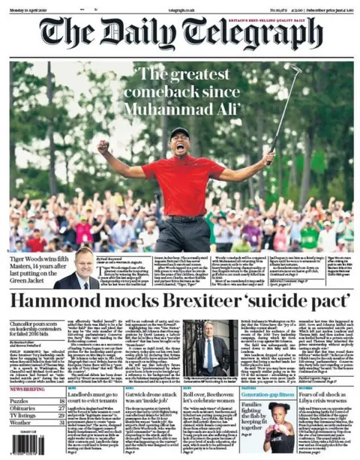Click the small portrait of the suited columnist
click(x=85, y=268)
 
